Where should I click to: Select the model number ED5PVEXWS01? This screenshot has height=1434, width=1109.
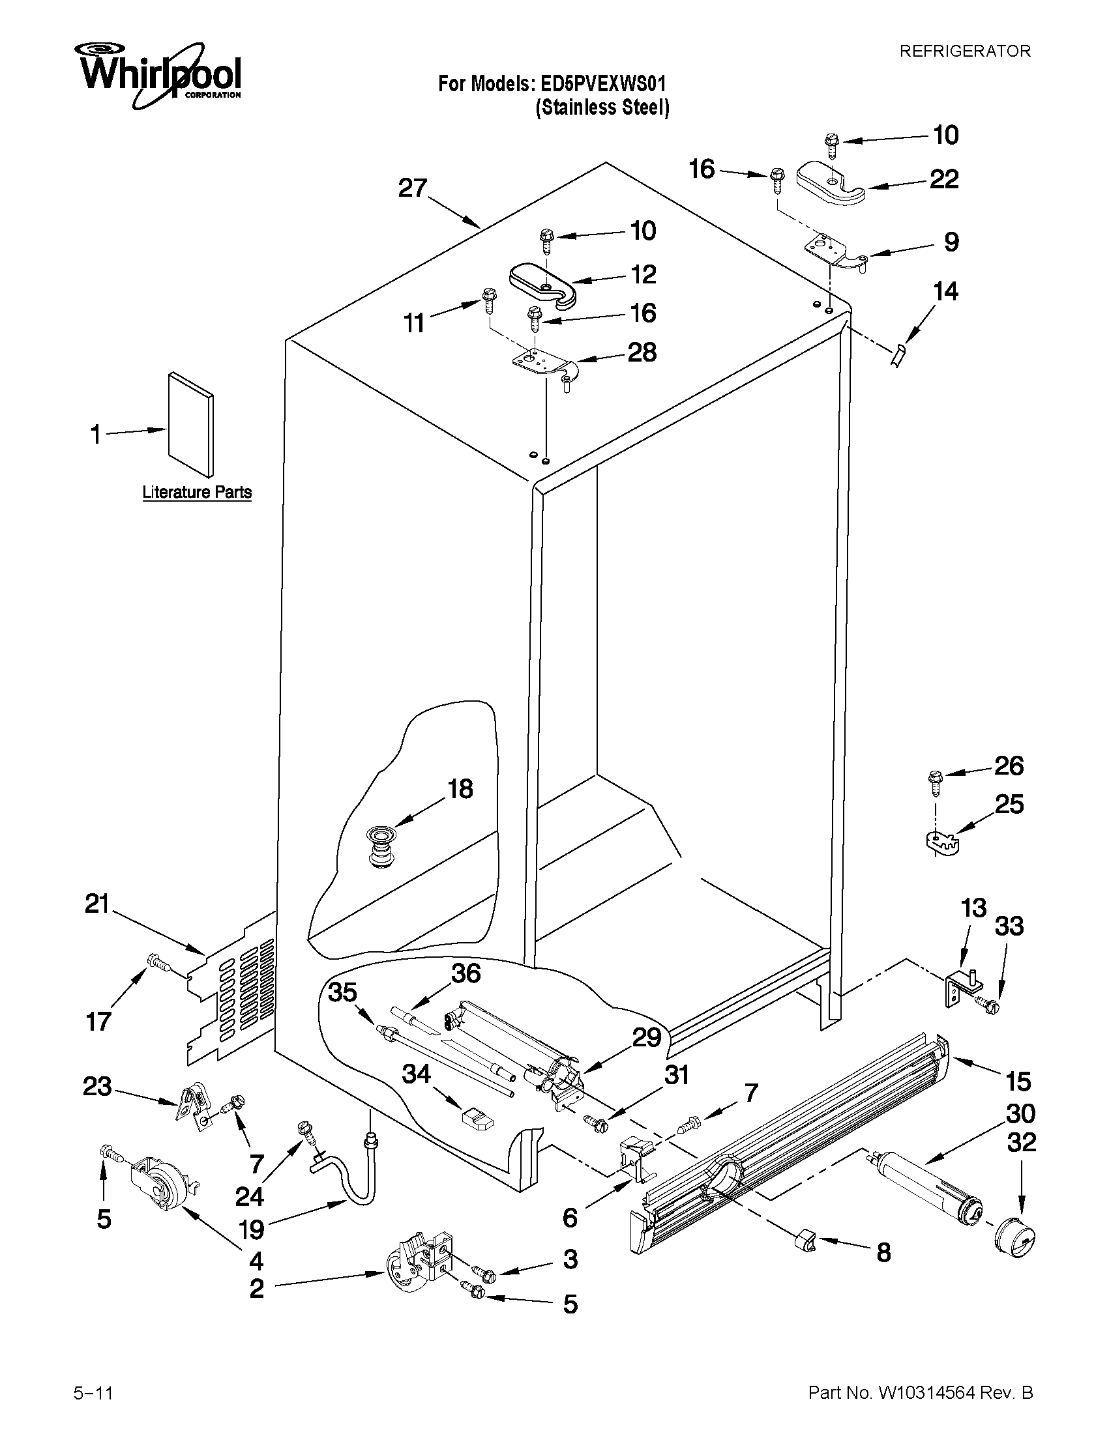[602, 84]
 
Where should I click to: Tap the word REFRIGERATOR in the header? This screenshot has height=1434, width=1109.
[964, 51]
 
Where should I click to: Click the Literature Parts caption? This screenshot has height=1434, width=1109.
[197, 492]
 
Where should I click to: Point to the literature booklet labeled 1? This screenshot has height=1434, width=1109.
[190, 424]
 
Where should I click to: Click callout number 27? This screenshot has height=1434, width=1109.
[413, 188]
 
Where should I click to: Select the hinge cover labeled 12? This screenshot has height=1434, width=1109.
[542, 283]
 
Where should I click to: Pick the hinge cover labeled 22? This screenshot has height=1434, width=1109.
[831, 183]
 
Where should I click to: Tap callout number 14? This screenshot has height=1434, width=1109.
[945, 291]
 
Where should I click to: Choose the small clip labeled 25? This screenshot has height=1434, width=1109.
[940, 842]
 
